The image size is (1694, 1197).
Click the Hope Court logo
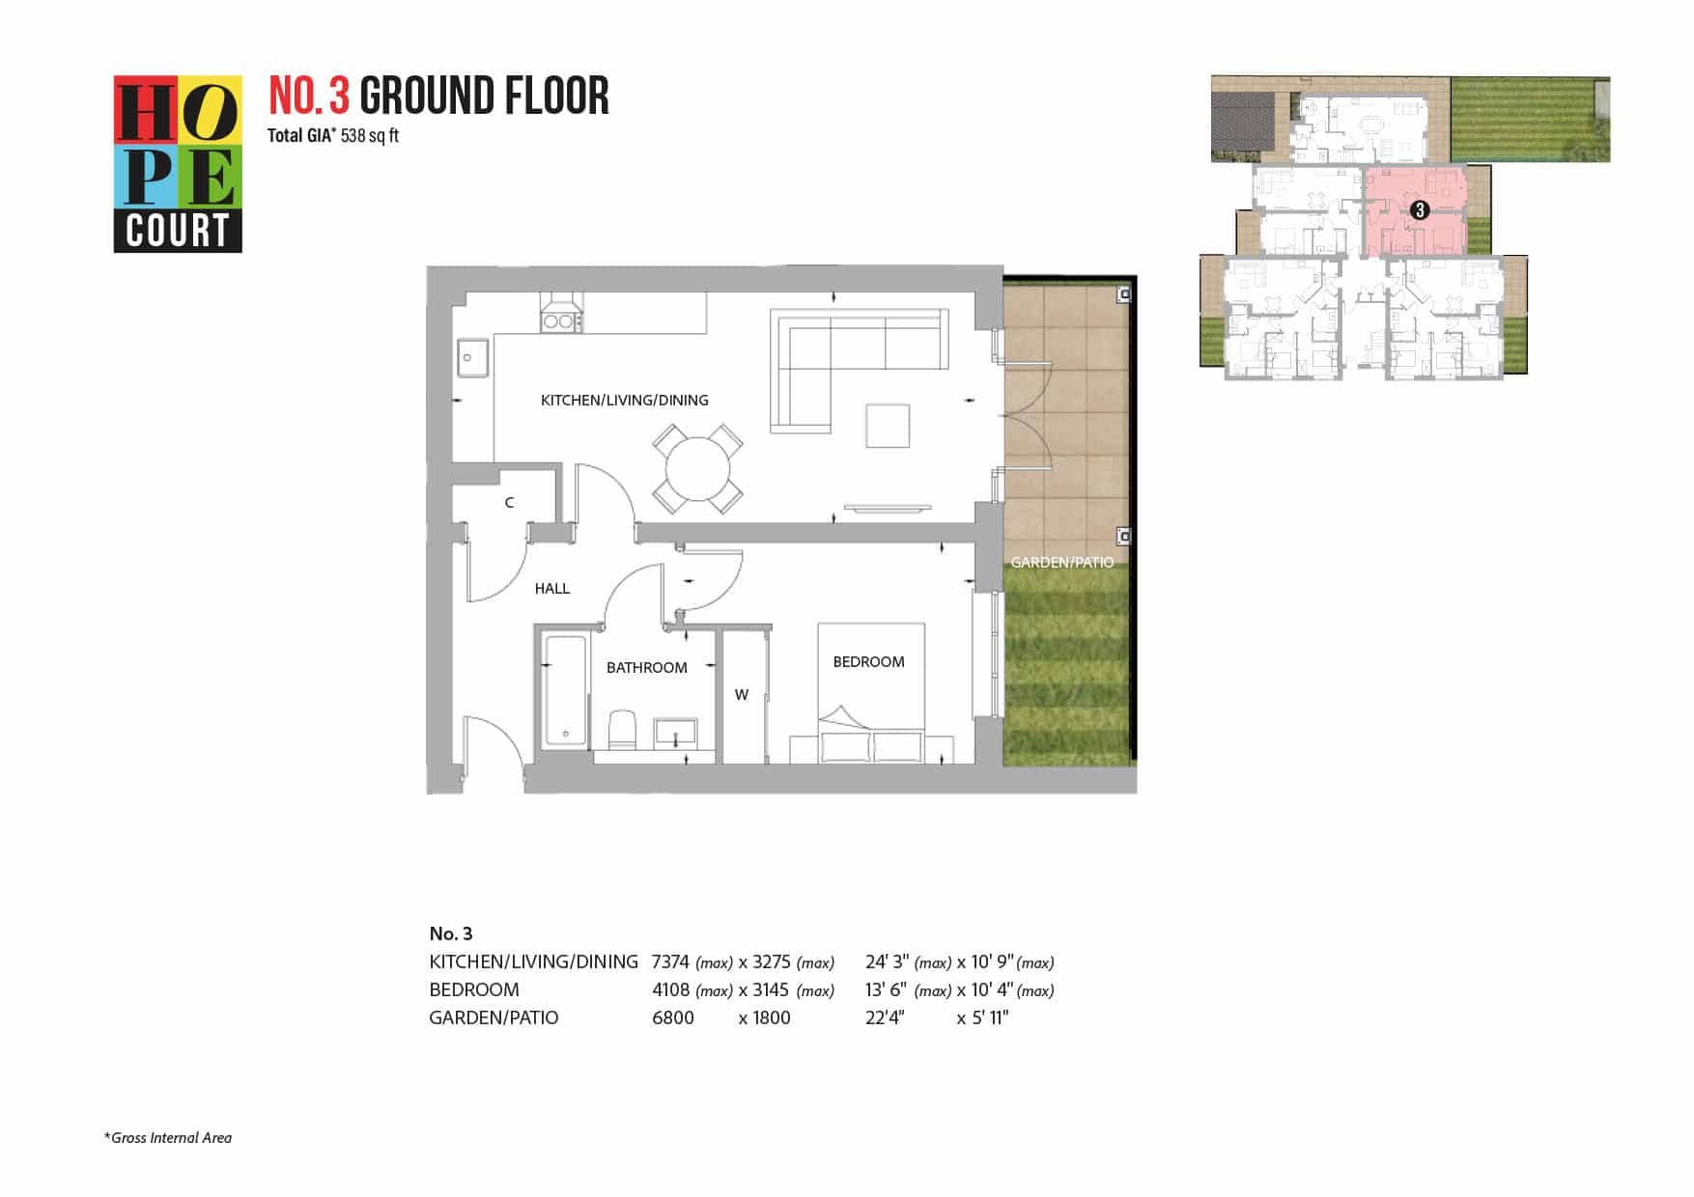click(178, 164)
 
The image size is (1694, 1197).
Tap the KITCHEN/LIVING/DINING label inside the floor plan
click(624, 400)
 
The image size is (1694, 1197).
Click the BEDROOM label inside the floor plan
click(868, 661)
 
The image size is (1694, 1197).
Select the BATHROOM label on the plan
click(646, 667)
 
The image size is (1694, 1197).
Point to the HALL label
click(552, 588)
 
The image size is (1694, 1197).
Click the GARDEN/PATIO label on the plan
click(1061, 562)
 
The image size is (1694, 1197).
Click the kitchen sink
click(473, 359)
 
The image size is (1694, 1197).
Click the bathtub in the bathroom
click(565, 690)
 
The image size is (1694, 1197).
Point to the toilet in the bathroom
click(623, 730)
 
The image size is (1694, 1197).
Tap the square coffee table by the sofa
click(888, 426)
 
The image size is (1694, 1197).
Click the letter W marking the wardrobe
click(742, 694)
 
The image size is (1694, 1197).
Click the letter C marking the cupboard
click(509, 502)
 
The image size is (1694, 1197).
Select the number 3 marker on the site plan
click(1419, 209)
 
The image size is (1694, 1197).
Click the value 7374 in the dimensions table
click(670, 961)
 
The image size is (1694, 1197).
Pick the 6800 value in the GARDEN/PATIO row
click(673, 1017)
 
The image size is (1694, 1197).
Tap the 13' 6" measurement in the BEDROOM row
click(886, 989)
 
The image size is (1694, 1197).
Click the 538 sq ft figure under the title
click(370, 135)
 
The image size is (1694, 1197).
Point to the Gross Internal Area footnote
click(168, 1137)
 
